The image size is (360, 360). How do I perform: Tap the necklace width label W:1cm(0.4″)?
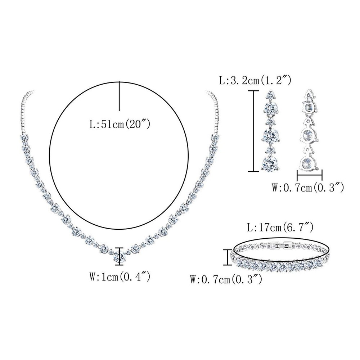point(120,276)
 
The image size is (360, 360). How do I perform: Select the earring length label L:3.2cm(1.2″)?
point(255,81)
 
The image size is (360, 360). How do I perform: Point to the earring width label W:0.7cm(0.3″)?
point(308,188)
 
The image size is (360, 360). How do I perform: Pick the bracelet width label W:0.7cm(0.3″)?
point(226,280)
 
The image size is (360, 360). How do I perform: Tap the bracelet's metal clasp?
point(282,246)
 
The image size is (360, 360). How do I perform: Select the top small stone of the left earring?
point(270,96)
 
